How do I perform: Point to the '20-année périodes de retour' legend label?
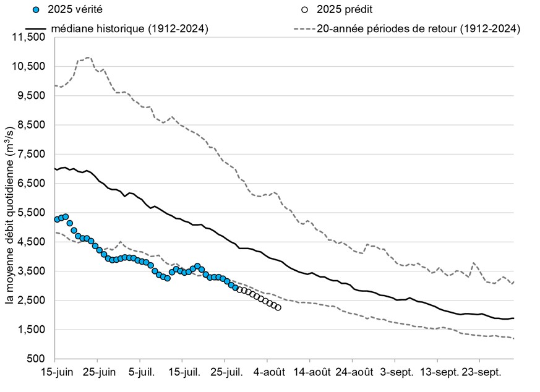coord(418,28)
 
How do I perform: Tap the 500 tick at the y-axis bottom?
coord(40,359)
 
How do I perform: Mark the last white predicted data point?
coord(278,307)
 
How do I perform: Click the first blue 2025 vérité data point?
coord(57,219)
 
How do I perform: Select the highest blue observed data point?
coord(66,217)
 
